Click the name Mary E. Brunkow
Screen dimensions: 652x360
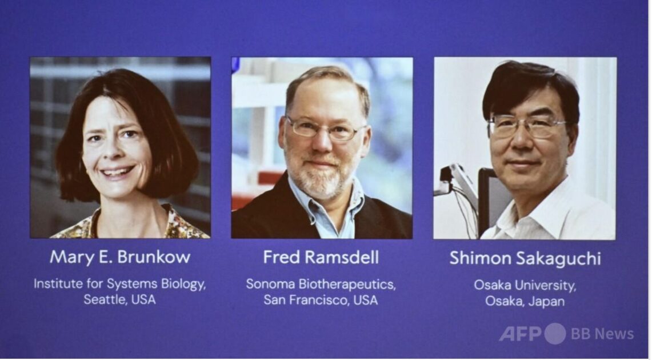tap(120, 257)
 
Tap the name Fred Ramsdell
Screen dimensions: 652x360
tap(321, 257)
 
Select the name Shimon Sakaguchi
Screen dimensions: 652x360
tap(525, 258)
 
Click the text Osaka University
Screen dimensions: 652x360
tap(525, 286)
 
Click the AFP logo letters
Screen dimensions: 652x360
tap(520, 333)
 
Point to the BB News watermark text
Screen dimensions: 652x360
tap(602, 334)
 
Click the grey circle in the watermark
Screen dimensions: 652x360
tap(555, 333)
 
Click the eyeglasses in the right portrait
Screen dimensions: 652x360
tap(526, 126)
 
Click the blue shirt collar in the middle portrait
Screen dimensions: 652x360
tap(325, 208)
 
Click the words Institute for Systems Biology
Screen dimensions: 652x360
tap(120, 284)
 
